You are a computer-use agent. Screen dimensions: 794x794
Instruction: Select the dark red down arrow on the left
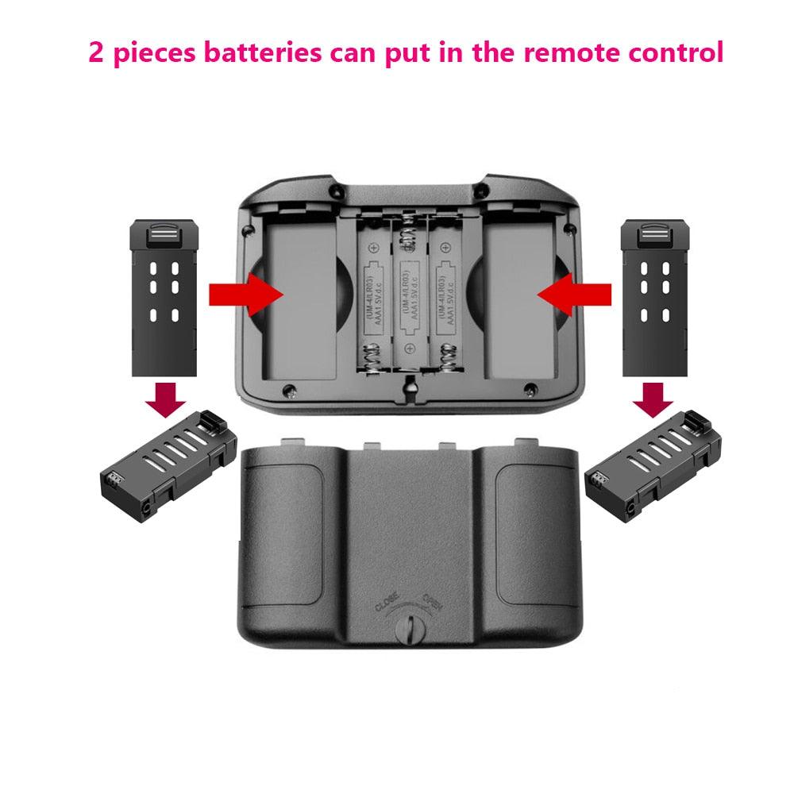166,399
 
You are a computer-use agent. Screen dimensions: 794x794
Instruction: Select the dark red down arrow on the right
653,399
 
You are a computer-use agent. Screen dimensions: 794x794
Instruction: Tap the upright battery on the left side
162,299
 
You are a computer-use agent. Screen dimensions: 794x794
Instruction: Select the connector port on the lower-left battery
112,481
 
